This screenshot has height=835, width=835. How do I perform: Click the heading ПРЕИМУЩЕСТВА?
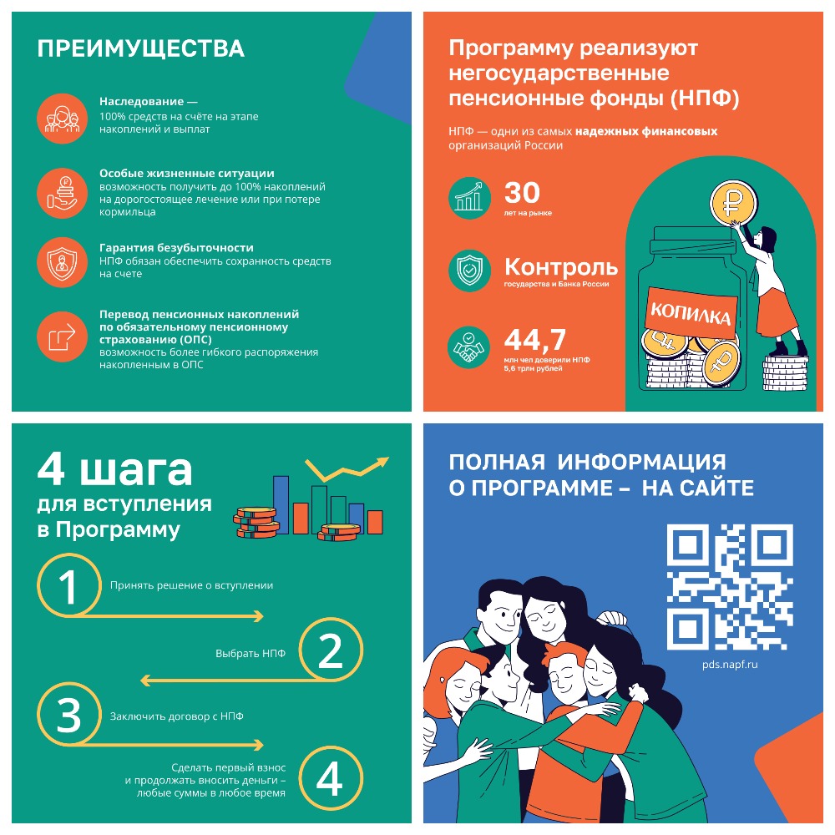click(x=140, y=48)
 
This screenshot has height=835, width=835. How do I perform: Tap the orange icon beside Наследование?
click(x=62, y=117)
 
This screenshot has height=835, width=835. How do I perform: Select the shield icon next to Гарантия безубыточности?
click(x=62, y=262)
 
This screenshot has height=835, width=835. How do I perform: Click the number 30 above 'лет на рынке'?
click(x=523, y=193)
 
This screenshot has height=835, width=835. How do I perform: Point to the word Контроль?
click(x=561, y=267)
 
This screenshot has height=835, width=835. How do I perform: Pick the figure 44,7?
click(x=535, y=339)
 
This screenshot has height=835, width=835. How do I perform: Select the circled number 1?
click(x=68, y=586)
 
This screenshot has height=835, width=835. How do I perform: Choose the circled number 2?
click(x=331, y=651)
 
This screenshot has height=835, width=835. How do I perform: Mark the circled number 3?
click(x=68, y=716)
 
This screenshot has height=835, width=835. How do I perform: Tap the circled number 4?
click(x=330, y=780)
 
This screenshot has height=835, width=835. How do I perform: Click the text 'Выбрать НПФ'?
click(x=250, y=653)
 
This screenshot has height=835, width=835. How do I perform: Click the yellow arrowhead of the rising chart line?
click(x=382, y=460)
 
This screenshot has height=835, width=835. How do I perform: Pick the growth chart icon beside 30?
click(x=469, y=197)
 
